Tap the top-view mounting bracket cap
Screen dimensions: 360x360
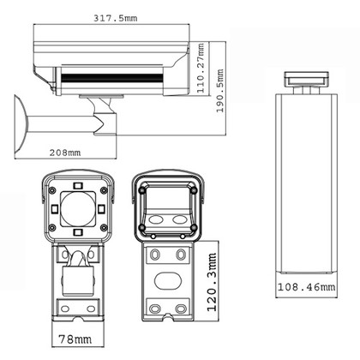pyautogui.click(x=305, y=79)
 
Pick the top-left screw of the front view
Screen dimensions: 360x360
pyautogui.click(x=53, y=189)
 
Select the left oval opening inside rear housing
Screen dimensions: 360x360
pyautogui.click(x=157, y=219)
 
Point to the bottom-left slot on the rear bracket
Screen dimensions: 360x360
pyautogui.click(x=155, y=308)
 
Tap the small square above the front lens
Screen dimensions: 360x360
pyautogui.click(x=78, y=184)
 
